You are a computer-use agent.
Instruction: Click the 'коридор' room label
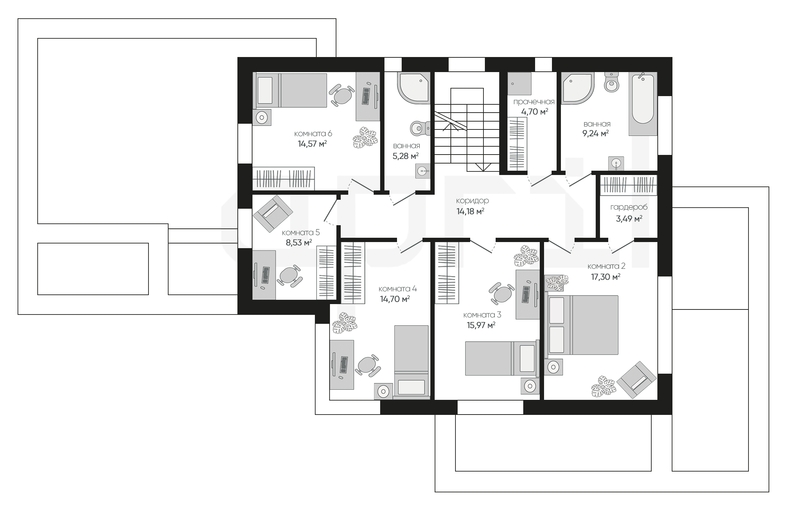[x=472, y=201]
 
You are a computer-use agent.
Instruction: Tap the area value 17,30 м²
[x=606, y=277]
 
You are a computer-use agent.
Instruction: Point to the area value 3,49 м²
[x=629, y=218]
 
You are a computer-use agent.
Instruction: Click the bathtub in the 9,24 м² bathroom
[x=643, y=104]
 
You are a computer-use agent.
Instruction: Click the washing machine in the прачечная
[x=519, y=84]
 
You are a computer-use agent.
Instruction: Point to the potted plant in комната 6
[x=365, y=137]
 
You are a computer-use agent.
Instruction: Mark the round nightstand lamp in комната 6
[x=262, y=117]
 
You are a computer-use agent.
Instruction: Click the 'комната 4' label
[x=397, y=289]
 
